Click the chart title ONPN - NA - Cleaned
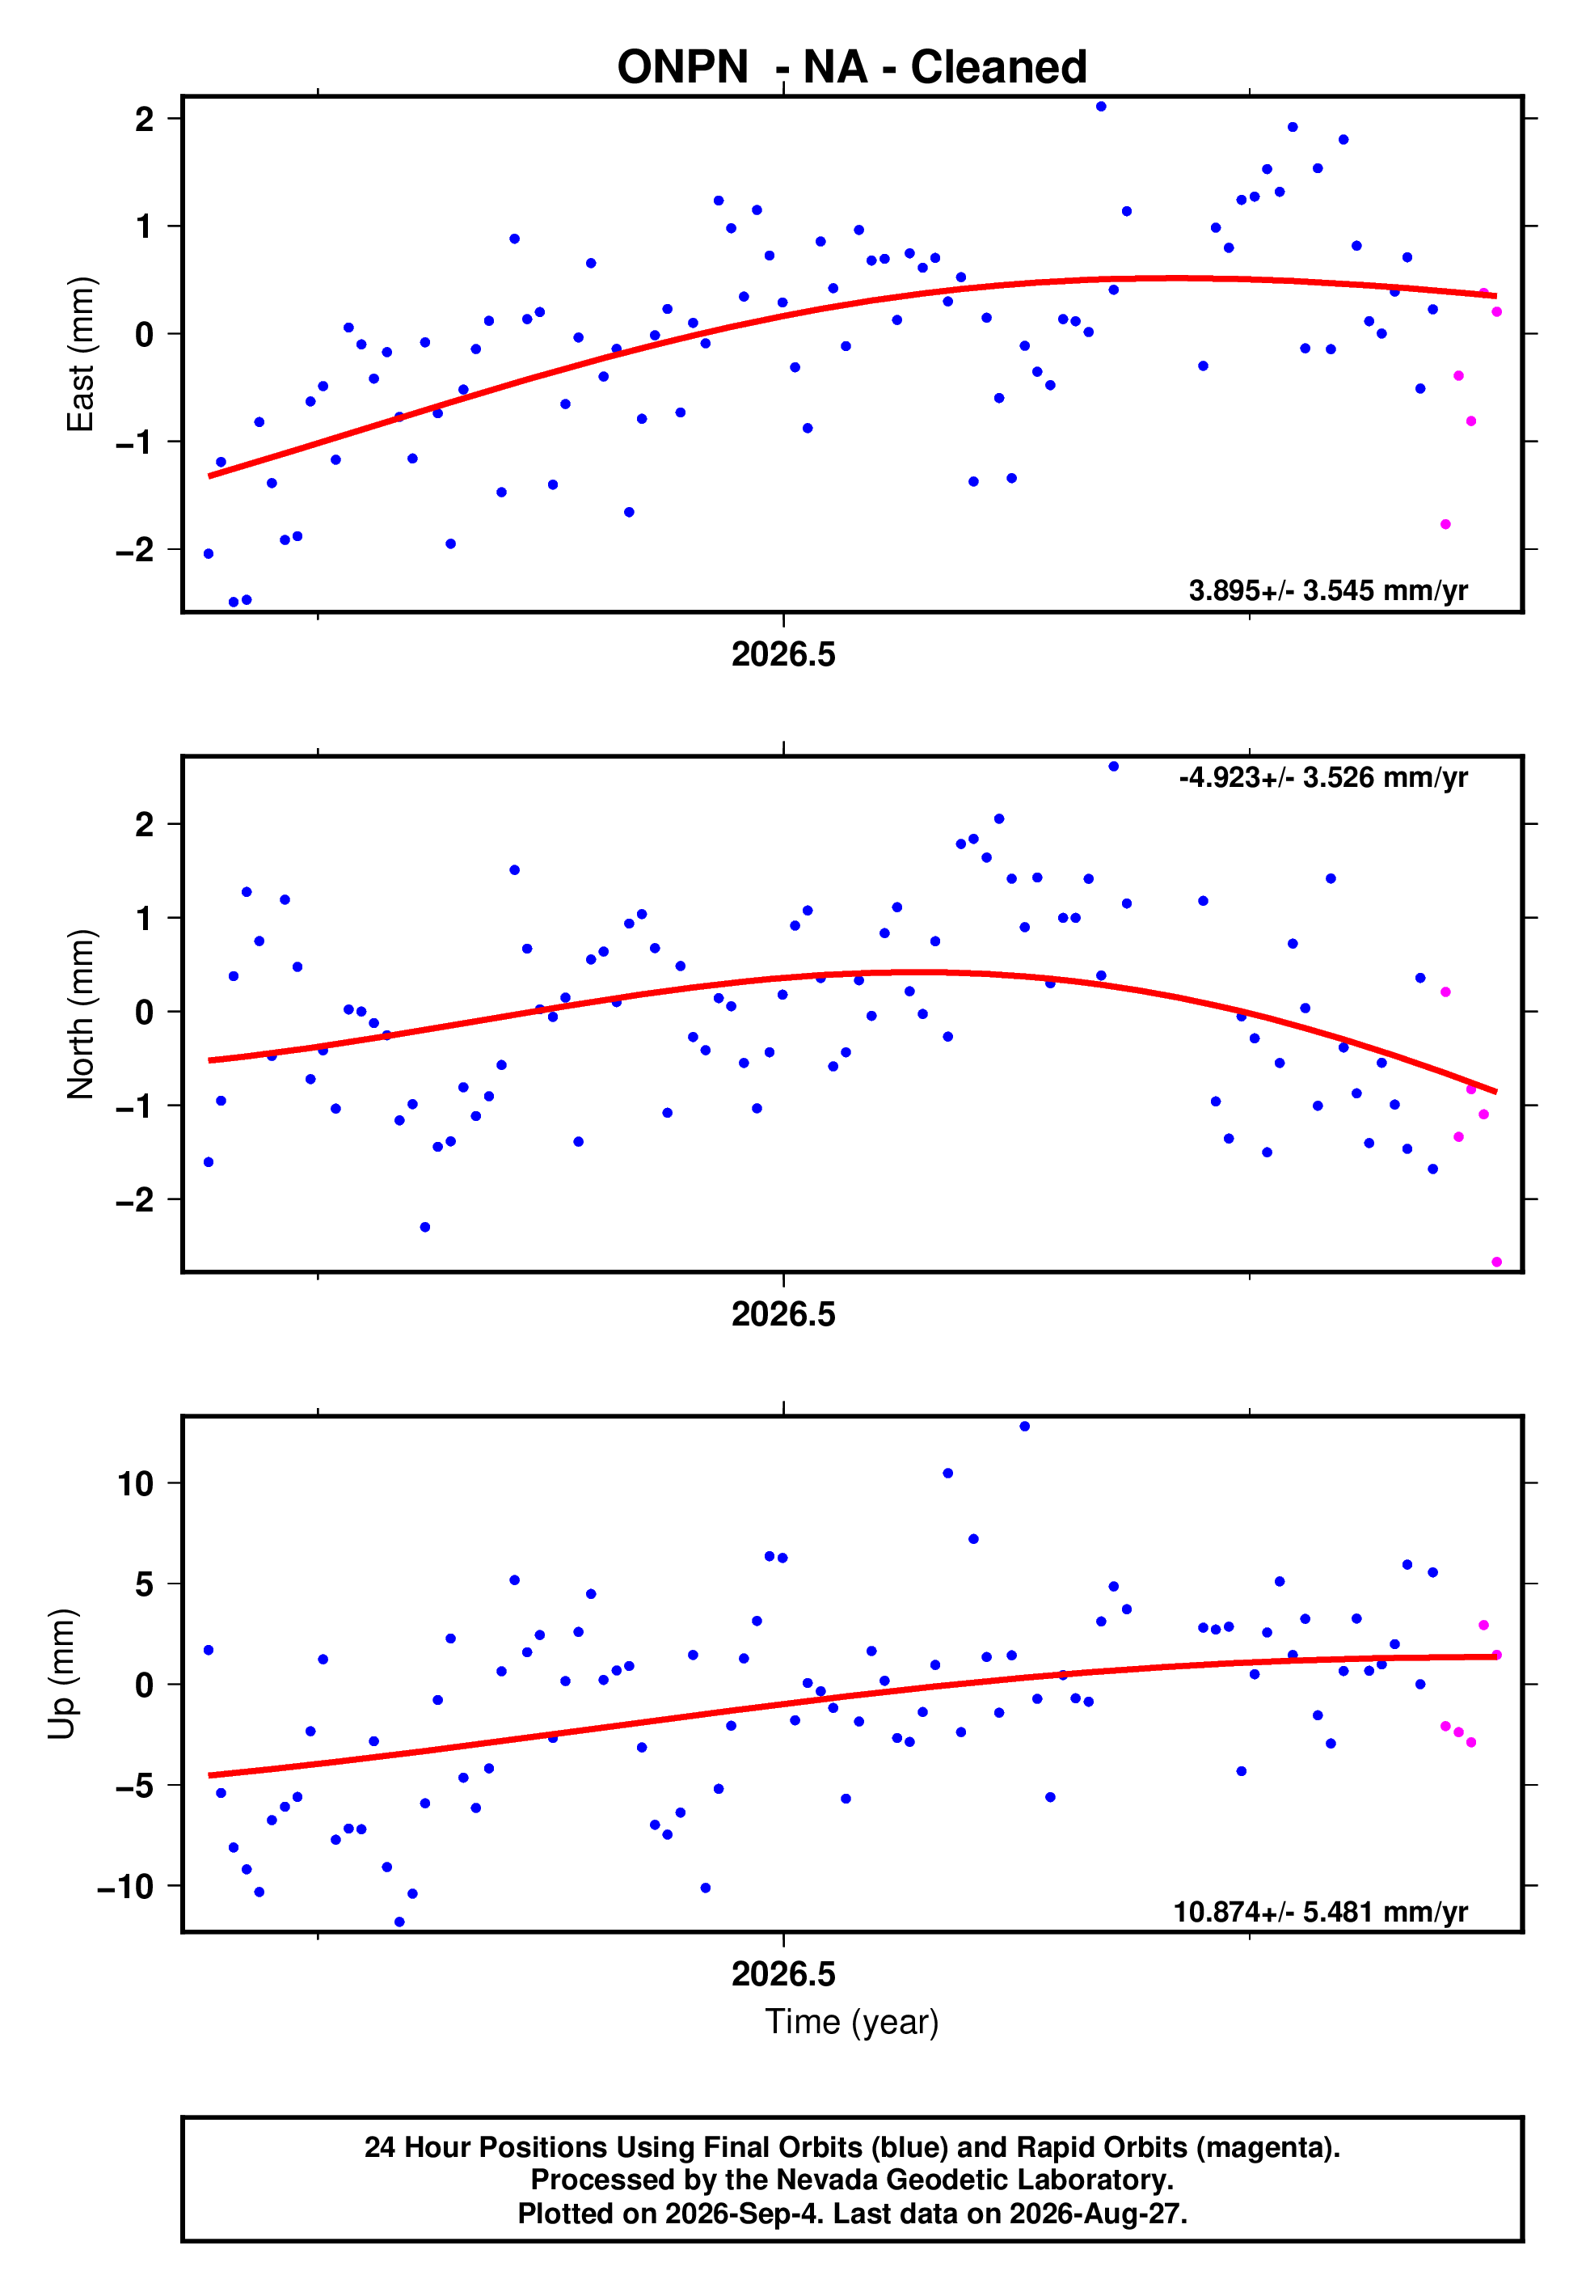point(852,68)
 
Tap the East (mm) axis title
point(81,354)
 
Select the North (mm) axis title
point(81,1014)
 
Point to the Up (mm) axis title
point(61,1674)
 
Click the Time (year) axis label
point(852,2022)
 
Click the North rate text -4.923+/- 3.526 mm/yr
point(1322,777)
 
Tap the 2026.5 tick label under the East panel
point(783,654)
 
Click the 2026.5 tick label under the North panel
point(783,1314)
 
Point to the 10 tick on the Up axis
point(135,1483)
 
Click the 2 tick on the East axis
point(145,118)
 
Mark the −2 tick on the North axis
point(135,1199)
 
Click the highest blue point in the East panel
point(1101,106)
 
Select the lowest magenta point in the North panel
point(1496,1262)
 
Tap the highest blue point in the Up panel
point(1024,1427)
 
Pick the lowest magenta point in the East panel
point(1446,524)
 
